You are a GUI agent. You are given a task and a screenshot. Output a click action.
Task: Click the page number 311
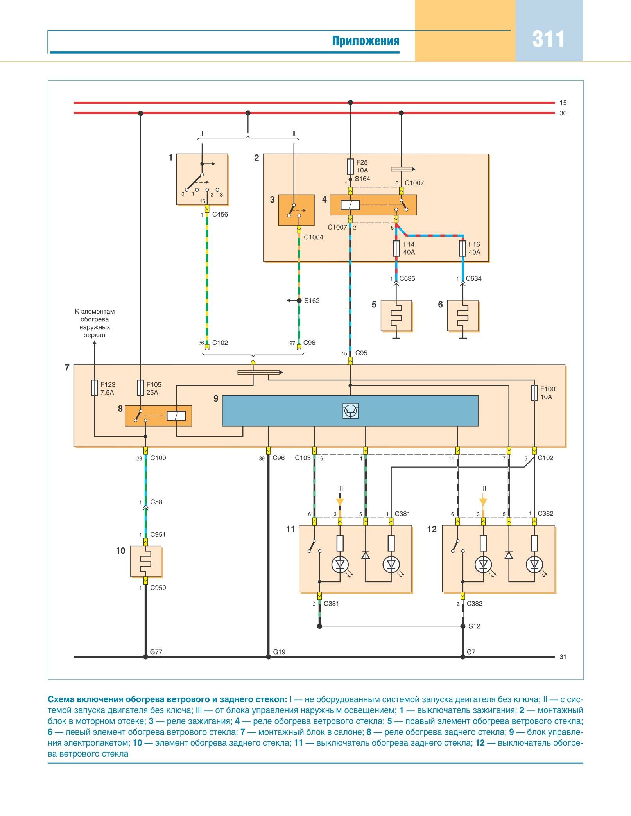click(548, 39)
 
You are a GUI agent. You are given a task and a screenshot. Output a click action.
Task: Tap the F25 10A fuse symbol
click(350, 166)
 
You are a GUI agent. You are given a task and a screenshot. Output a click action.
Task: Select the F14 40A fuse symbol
click(396, 248)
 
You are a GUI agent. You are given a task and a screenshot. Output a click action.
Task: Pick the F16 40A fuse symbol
click(462, 248)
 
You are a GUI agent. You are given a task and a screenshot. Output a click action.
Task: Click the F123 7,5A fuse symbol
click(94, 387)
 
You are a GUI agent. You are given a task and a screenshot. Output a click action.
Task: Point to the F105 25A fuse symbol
click(140, 387)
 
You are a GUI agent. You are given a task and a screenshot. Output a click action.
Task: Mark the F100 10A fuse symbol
click(534, 393)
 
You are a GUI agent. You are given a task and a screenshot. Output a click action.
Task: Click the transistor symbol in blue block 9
click(350, 411)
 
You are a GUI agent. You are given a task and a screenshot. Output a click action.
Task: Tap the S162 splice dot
click(299, 301)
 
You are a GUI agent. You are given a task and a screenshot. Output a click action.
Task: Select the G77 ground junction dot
click(145, 657)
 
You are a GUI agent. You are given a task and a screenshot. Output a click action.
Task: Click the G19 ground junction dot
click(268, 657)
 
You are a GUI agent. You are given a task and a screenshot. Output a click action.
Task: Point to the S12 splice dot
click(462, 626)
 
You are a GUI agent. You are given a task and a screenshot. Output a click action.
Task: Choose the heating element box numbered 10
click(146, 561)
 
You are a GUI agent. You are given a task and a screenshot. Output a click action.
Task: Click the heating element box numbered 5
click(396, 316)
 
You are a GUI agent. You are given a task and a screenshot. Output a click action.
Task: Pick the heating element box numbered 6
click(462, 316)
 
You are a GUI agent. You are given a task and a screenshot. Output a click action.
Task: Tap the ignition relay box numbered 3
click(296, 210)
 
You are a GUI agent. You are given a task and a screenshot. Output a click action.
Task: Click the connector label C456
click(220, 215)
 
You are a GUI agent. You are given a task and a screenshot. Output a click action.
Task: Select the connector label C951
click(158, 534)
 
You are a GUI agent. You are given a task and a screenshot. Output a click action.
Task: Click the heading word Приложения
click(366, 41)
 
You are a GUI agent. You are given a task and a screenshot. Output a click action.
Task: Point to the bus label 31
click(563, 657)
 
